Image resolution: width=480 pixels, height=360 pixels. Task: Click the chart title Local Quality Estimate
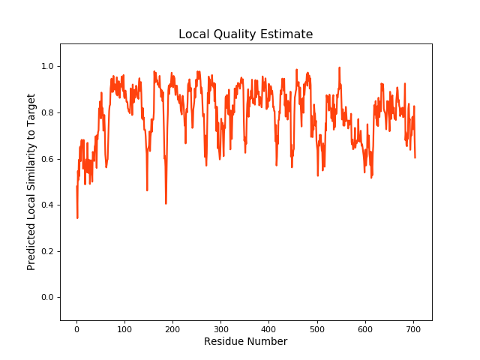point(245,34)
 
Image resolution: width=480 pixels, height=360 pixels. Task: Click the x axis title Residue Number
point(245,342)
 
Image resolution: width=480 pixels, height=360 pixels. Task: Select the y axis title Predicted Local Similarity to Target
point(31,182)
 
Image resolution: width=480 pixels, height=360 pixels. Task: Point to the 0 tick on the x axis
point(76,328)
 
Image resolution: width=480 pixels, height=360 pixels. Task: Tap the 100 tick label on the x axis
point(124,328)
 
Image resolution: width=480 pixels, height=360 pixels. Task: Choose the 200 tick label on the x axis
point(172,328)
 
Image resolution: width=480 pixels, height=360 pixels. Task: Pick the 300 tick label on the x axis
point(220,328)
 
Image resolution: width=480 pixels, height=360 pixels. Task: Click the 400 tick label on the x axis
point(268,328)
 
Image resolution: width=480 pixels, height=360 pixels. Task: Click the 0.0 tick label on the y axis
point(47,298)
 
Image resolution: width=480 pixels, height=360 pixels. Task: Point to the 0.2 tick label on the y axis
point(47,251)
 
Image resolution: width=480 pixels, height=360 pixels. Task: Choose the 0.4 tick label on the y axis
point(47,205)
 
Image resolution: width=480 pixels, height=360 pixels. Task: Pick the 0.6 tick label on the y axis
point(47,159)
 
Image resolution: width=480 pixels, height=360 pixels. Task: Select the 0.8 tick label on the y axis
point(47,113)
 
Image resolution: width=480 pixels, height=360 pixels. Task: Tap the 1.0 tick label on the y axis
point(47,67)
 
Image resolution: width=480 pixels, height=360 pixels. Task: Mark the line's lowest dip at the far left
point(77,217)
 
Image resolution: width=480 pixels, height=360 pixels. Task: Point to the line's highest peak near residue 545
point(339,68)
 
